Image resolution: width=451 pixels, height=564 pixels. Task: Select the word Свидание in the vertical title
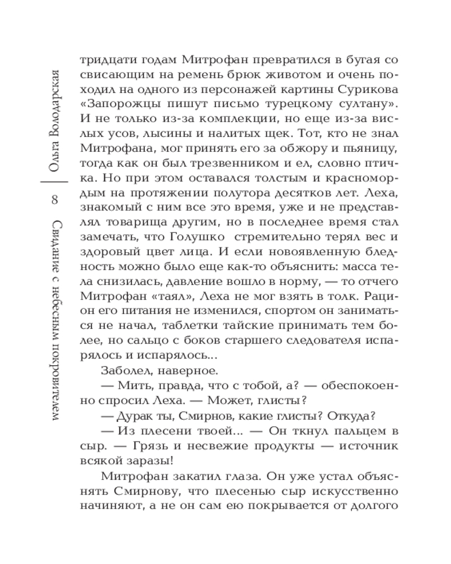click(55, 243)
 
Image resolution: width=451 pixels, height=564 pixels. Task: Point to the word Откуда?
click(349, 416)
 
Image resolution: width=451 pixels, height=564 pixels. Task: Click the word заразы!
click(148, 460)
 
